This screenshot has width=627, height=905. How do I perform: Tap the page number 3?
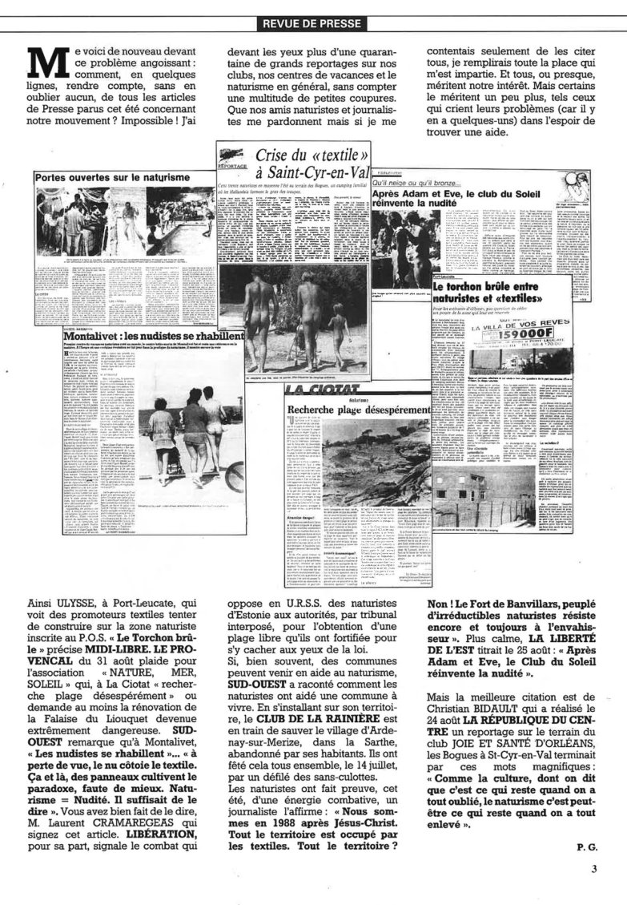click(594, 868)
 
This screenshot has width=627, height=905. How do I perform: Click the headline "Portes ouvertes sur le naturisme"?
click(111, 176)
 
